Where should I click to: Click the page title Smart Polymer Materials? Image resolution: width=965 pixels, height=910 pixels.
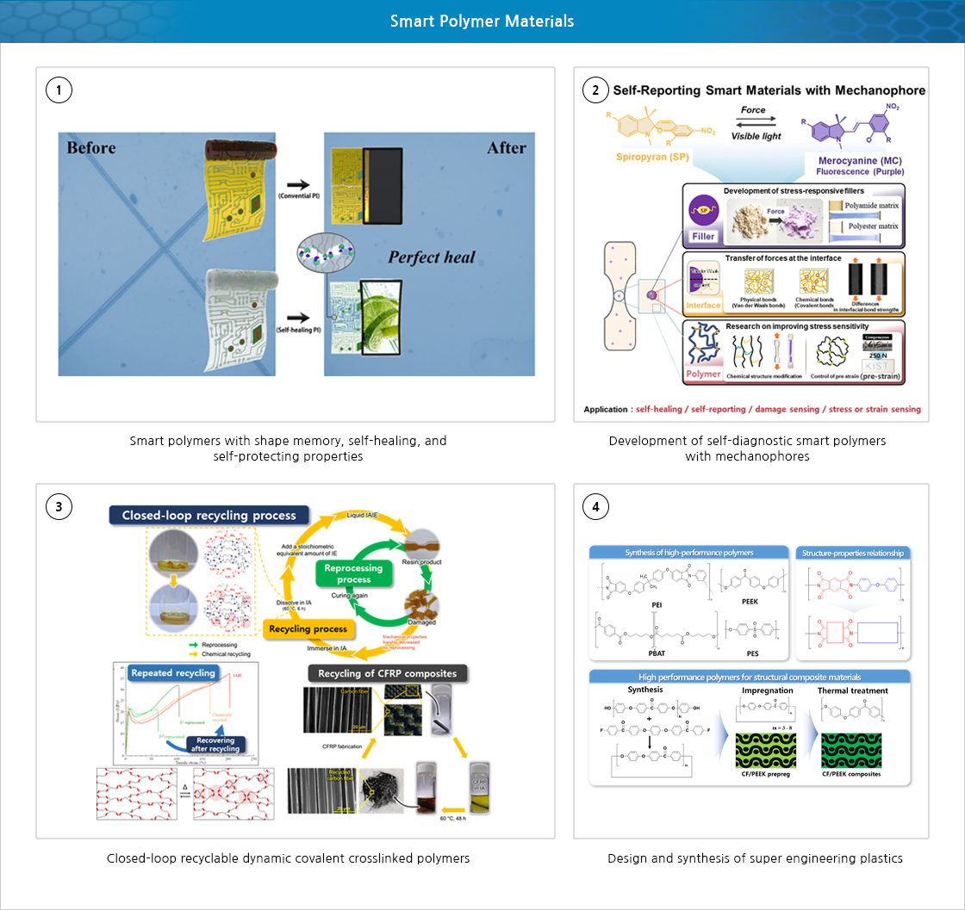[x=482, y=21]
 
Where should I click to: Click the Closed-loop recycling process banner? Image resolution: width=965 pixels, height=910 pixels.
[x=209, y=516]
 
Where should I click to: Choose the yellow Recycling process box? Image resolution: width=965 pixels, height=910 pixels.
[x=306, y=628]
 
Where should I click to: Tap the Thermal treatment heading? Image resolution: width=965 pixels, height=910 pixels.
[x=852, y=690]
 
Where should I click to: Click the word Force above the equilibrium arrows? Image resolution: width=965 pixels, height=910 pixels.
[x=754, y=110]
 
